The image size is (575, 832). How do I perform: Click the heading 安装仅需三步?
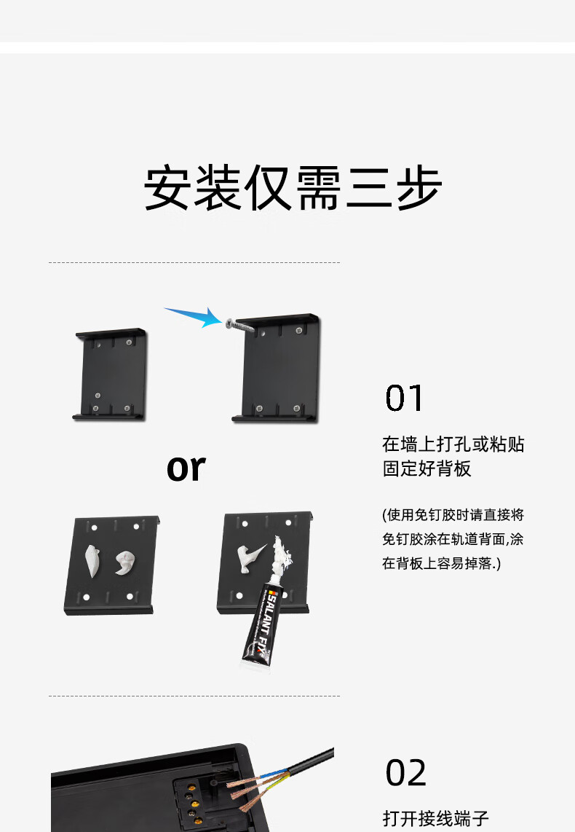(x=293, y=188)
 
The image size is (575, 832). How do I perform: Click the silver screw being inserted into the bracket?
(x=240, y=326)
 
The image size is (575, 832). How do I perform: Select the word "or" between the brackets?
(x=186, y=468)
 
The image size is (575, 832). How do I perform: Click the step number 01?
(x=405, y=399)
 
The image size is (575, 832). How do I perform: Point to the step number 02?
(x=405, y=772)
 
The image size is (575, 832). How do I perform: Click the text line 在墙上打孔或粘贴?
(x=453, y=444)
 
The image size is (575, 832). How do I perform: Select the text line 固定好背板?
(x=427, y=468)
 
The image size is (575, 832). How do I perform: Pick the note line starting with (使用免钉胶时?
(x=453, y=514)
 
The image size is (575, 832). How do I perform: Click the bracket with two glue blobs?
(x=111, y=565)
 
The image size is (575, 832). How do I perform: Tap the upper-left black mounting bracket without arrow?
(x=110, y=374)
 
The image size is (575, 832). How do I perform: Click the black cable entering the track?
(x=307, y=762)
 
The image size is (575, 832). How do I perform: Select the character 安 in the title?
(x=167, y=188)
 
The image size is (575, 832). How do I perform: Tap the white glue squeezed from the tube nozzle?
(x=282, y=557)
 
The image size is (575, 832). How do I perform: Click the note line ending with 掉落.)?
(x=441, y=563)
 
